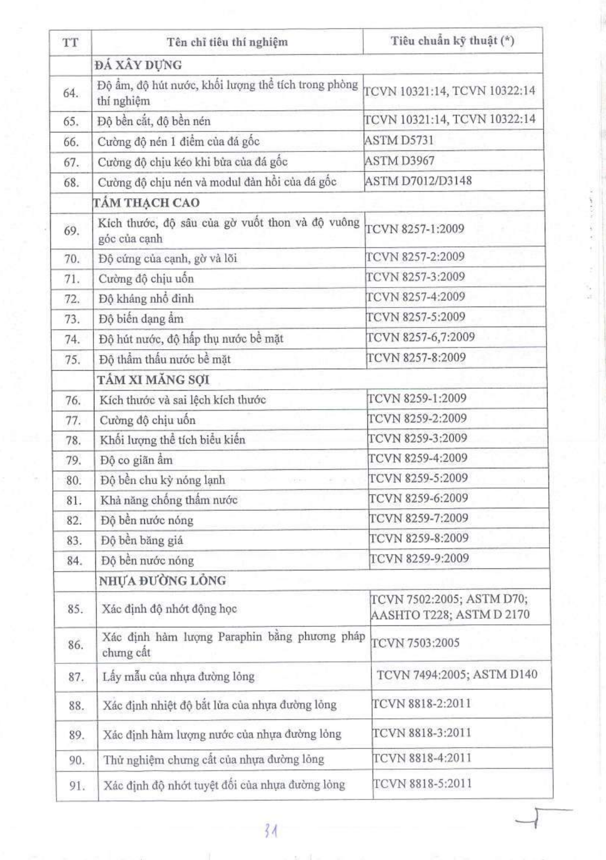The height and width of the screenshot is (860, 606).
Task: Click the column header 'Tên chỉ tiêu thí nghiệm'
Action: pyautogui.click(x=227, y=42)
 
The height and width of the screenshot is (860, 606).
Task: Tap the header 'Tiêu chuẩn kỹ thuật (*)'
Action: pyautogui.click(x=452, y=41)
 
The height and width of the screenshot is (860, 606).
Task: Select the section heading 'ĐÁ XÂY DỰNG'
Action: pyautogui.click(x=138, y=65)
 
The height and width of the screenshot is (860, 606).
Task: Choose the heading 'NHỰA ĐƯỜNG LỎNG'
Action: pyautogui.click(x=162, y=581)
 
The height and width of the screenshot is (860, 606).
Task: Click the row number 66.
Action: pyautogui.click(x=71, y=142)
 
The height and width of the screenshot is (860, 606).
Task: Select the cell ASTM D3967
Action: pyautogui.click(x=399, y=161)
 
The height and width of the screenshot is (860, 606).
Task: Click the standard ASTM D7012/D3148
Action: pyautogui.click(x=418, y=181)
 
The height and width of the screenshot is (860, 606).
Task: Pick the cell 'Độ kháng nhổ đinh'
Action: pyautogui.click(x=146, y=298)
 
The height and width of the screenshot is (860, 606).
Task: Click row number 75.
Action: pyautogui.click(x=72, y=359)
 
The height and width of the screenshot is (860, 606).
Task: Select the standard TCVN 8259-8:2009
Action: pyautogui.click(x=419, y=538)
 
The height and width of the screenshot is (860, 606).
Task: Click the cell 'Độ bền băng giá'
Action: pyautogui.click(x=142, y=540)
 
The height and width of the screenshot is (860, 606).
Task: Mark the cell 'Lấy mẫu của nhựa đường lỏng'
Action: pyautogui.click(x=178, y=676)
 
